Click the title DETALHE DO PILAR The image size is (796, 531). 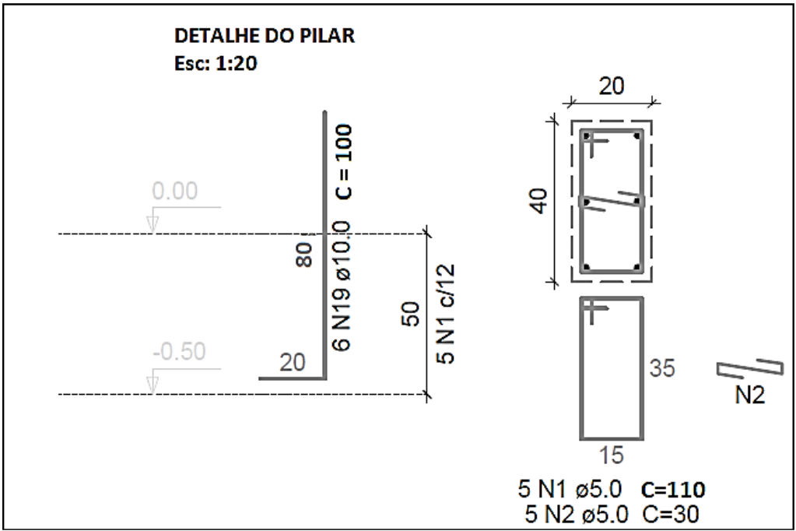tap(265, 36)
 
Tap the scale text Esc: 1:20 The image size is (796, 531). tap(216, 64)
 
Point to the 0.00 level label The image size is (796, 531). tap(174, 191)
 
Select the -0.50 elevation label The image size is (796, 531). tap(179, 352)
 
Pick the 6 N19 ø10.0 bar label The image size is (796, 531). tap(342, 286)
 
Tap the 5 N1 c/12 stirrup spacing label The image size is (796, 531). tap(445, 314)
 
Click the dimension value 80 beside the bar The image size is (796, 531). tap(304, 255)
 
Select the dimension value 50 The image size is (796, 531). tap(411, 314)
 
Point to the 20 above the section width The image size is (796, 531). tap(612, 86)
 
